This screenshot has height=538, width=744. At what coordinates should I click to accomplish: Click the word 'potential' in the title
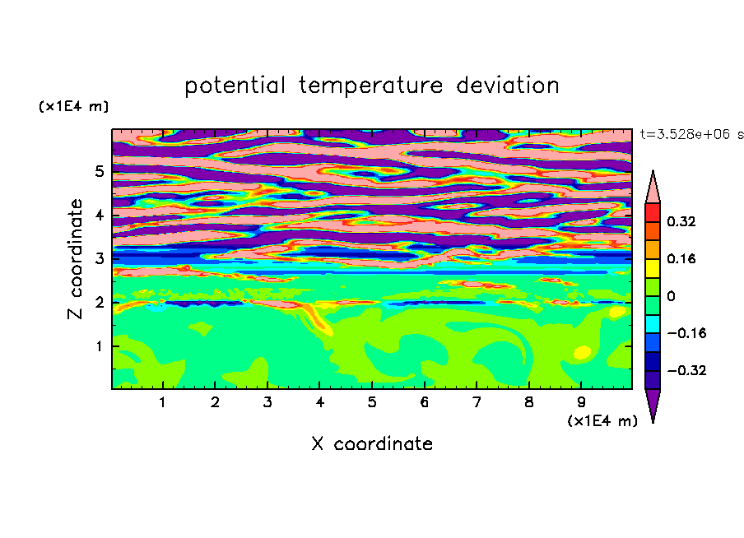coord(235,86)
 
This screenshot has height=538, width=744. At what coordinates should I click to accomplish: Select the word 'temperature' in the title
coord(371,86)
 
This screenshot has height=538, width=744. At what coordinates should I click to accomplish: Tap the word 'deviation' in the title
coord(508,86)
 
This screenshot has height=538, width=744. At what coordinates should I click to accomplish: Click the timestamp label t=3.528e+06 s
coord(691,134)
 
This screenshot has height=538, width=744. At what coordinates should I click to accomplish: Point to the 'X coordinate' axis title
coord(372,443)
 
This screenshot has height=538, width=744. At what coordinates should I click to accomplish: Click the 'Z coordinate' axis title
coord(75,259)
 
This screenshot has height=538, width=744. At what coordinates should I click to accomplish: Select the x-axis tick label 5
coord(372,402)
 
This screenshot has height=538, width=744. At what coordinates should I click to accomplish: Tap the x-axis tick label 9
coord(581,402)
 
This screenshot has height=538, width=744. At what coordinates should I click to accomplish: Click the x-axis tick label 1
coord(163,402)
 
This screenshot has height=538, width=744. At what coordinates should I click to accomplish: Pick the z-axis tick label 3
coord(99,258)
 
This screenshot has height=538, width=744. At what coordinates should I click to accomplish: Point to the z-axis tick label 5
coord(99,171)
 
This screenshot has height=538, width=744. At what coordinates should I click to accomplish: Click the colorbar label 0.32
coord(681,221)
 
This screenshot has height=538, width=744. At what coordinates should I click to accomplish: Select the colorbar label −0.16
coord(686,333)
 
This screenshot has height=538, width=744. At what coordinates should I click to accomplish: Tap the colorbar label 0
coord(671,296)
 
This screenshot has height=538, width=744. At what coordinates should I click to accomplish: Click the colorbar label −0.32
coord(686,370)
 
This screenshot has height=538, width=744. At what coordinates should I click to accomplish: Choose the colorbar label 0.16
coord(681,258)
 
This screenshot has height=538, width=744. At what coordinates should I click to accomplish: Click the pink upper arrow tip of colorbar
coord(653,171)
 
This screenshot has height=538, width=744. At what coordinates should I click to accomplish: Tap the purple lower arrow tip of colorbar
coord(653,422)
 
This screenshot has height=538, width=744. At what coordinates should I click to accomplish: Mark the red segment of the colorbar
coord(653,212)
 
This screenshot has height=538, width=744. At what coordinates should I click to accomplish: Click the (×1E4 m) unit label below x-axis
coord(602,421)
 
